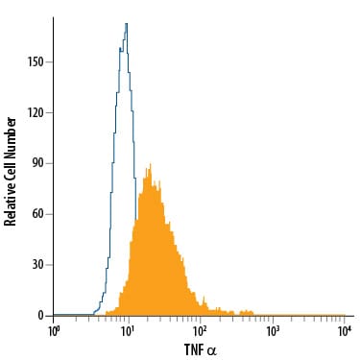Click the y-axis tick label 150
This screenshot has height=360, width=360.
point(35,62)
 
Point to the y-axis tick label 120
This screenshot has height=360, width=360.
point(35,113)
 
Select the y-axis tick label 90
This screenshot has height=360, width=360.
point(37,164)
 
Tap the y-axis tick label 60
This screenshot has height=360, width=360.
point(37,214)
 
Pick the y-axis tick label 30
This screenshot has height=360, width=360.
point(37,265)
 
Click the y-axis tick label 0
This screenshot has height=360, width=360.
point(40,316)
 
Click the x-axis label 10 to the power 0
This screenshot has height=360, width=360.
point(54,331)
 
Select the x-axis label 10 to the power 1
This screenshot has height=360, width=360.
point(127,331)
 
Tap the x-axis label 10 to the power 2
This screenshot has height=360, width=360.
point(200,331)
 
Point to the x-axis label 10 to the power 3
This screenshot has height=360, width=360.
point(273,331)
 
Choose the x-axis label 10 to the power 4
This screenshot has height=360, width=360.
point(345,331)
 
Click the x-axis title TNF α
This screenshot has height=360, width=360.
point(201,349)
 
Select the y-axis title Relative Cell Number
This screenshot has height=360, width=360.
point(10,172)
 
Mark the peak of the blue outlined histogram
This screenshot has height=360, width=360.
point(127,23)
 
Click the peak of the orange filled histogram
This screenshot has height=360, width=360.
point(150,164)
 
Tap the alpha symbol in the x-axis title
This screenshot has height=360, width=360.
point(212,351)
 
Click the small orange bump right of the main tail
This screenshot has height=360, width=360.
point(246,313)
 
